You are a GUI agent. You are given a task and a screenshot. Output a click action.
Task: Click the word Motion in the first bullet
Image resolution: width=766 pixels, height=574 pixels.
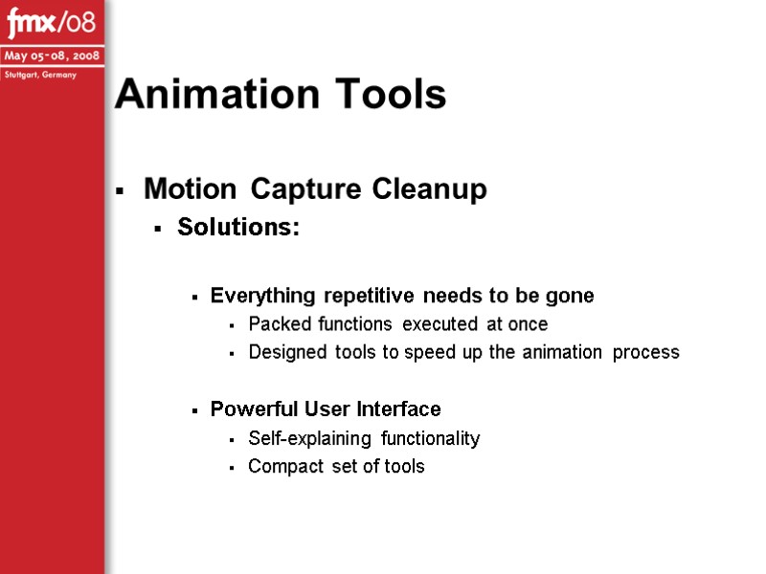tap(190, 189)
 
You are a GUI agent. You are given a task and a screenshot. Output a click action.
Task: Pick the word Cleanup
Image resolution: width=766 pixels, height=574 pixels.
tap(430, 189)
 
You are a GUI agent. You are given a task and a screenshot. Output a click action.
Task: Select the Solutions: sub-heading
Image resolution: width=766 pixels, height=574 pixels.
tap(238, 230)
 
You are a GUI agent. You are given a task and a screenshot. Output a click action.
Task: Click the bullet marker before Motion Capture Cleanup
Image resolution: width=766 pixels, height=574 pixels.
tap(120, 192)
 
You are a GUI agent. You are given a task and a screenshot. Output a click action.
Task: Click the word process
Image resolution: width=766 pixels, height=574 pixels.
tap(646, 352)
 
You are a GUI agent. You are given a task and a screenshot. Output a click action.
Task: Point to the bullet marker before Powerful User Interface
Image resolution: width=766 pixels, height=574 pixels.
tap(195, 411)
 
